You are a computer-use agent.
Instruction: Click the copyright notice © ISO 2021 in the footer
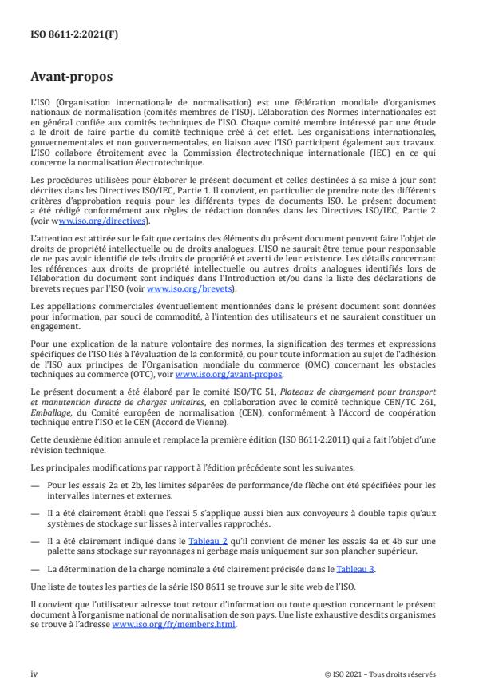coord(381,674)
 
